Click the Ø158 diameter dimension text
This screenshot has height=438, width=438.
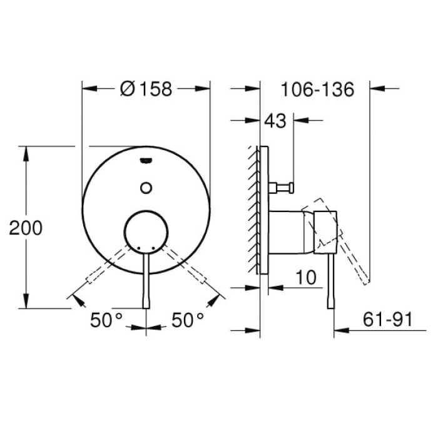tap(145, 89)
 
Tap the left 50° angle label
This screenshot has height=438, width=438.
tap(106, 320)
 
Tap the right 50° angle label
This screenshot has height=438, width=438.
tap(188, 320)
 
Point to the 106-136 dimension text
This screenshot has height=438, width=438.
tap(317, 89)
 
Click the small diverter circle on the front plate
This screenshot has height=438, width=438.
tap(146, 186)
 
